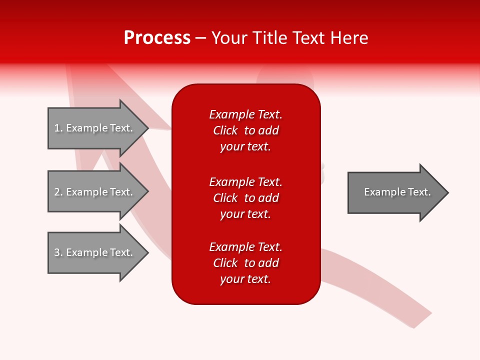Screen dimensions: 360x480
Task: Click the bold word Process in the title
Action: pyautogui.click(x=157, y=38)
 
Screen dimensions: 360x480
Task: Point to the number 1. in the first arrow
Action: pyautogui.click(x=58, y=128)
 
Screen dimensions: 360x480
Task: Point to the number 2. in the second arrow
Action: pyautogui.click(x=58, y=192)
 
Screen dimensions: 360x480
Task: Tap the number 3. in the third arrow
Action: pyautogui.click(x=58, y=252)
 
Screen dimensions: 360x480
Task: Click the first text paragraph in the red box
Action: pyautogui.click(x=245, y=130)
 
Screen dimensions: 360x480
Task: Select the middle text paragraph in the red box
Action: pyautogui.click(x=245, y=198)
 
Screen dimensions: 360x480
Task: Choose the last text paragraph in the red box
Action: pyautogui.click(x=245, y=263)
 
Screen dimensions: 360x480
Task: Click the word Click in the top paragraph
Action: pyautogui.click(x=225, y=130)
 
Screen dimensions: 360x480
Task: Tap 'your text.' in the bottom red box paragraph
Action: pyautogui.click(x=245, y=279)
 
